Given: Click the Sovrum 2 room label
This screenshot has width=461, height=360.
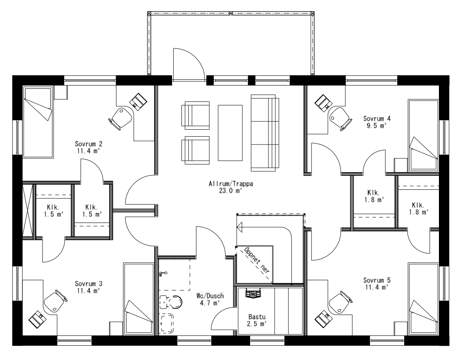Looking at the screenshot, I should (88, 144).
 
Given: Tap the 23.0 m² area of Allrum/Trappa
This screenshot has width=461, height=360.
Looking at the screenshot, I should (231, 190).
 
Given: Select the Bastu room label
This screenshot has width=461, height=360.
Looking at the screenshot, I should (257, 317).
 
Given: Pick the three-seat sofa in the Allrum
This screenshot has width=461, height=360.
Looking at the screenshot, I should (264, 133).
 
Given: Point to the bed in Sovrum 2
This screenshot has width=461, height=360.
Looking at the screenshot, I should (38, 122).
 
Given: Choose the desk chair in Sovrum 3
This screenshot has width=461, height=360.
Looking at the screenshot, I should (53, 301).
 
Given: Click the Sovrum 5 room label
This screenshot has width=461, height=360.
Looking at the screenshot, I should (377, 280).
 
